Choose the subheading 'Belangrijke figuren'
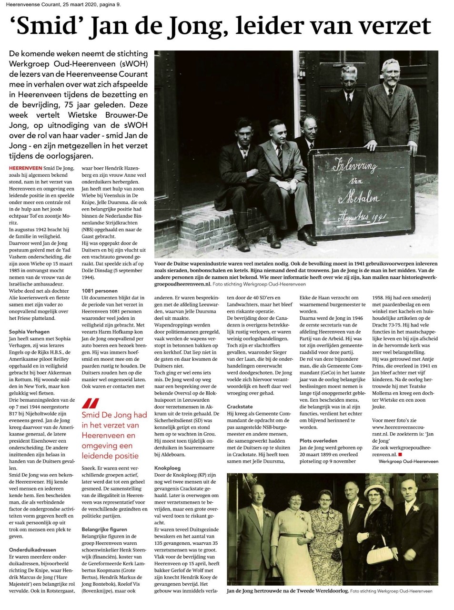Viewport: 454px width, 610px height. [104, 529]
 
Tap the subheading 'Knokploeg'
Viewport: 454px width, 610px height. [166, 468]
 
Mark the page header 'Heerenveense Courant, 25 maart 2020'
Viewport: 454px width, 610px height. [51, 5]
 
